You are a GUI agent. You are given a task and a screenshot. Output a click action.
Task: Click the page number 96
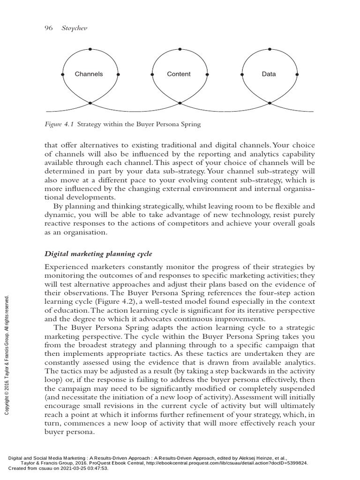(48, 28)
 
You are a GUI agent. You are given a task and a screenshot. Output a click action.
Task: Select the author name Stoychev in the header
(75, 28)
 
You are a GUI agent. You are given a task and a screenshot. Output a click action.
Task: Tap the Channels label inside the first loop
(89, 74)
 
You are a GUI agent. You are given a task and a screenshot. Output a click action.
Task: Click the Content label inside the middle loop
(179, 74)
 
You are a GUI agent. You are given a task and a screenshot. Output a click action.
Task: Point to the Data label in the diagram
(269, 74)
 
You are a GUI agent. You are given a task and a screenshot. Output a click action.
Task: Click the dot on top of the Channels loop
(90, 48)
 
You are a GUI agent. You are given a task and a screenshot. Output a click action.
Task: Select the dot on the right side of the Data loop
(298, 75)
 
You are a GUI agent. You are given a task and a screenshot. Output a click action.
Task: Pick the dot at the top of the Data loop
(269, 48)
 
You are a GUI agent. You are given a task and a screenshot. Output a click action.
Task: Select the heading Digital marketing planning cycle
(98, 255)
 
